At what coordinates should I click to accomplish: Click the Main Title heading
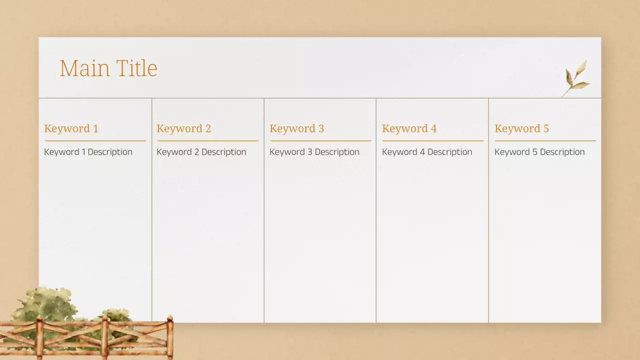click(108, 68)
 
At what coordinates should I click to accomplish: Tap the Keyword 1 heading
click(71, 128)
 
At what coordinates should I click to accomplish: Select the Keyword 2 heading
click(183, 128)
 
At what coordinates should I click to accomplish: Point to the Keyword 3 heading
click(296, 128)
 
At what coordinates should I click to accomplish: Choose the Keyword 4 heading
click(409, 128)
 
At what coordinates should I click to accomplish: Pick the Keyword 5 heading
click(521, 128)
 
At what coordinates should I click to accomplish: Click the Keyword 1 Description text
click(88, 152)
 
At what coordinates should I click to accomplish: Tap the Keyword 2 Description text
click(201, 152)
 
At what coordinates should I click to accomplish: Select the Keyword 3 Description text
click(314, 152)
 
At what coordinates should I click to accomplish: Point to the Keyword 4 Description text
click(426, 152)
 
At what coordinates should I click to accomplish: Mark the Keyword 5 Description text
click(539, 152)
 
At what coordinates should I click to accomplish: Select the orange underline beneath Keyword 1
click(95, 141)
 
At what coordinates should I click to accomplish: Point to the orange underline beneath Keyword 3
click(320, 141)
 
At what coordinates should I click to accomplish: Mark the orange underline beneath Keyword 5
click(545, 141)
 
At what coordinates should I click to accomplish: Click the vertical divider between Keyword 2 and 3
click(264, 210)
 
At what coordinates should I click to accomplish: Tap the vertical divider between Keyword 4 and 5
click(488, 210)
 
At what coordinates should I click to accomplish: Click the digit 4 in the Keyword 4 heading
click(433, 128)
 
